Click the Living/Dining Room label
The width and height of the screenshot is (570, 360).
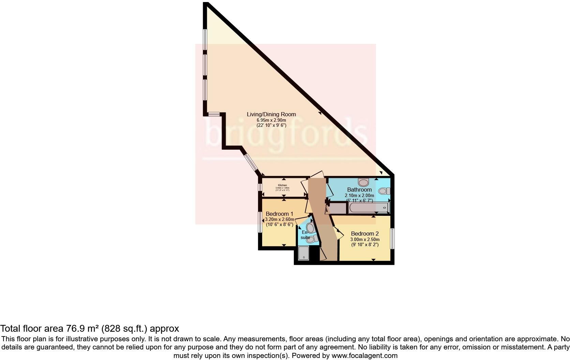[x=271, y=115]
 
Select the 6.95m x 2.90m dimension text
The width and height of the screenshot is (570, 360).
[x=271, y=120]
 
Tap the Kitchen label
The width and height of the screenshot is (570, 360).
[x=282, y=185]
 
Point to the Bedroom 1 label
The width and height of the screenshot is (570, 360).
[x=279, y=214]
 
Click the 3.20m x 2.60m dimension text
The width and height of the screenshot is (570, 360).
[x=280, y=220]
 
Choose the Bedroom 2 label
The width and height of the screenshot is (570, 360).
[x=365, y=234]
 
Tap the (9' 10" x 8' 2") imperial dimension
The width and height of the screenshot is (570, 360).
[x=365, y=245]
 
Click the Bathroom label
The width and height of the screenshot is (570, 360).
[x=359, y=190]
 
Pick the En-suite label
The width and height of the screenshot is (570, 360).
[x=305, y=235]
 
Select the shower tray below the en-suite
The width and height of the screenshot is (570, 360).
[x=304, y=253]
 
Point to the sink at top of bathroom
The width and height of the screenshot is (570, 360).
[x=364, y=182]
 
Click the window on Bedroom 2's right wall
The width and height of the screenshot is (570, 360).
[x=392, y=238]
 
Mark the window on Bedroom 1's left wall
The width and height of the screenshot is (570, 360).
[x=260, y=222]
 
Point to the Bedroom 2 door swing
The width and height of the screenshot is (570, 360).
[x=337, y=234]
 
